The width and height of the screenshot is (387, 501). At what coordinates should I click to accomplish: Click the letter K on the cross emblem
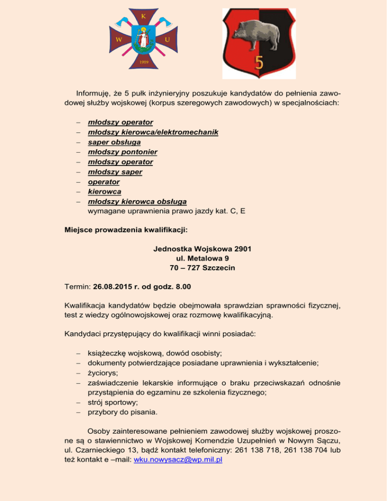143,16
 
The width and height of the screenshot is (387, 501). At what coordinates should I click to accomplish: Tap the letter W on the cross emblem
117,39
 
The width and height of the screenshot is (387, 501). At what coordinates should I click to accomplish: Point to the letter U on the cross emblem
167,39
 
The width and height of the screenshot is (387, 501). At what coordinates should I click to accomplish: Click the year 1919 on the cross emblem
143,63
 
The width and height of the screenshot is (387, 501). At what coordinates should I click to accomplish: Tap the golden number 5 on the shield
259,62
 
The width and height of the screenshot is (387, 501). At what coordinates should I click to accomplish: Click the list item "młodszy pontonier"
122,152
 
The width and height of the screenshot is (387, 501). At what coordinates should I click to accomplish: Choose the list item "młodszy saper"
115,171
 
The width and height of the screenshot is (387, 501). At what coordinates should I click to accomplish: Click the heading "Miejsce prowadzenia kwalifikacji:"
126,230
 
